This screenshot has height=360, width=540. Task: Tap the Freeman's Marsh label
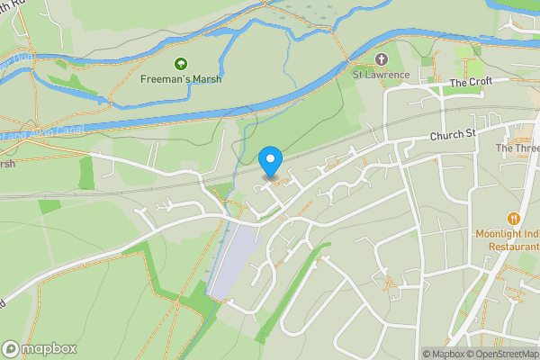[182, 79]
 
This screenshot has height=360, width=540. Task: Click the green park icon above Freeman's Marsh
[182, 63]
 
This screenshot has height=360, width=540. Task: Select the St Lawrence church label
[382, 75]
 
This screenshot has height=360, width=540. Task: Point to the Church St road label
[453, 135]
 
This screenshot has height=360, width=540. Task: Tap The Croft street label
[472, 83]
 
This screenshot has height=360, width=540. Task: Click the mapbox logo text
[49, 349]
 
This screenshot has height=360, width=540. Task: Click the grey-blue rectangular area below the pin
[233, 261]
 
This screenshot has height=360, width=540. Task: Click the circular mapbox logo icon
[12, 349]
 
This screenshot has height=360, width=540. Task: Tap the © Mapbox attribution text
[442, 354]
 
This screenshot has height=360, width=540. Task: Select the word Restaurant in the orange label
[508, 246]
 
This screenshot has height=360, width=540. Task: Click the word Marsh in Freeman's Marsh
[206, 79]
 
